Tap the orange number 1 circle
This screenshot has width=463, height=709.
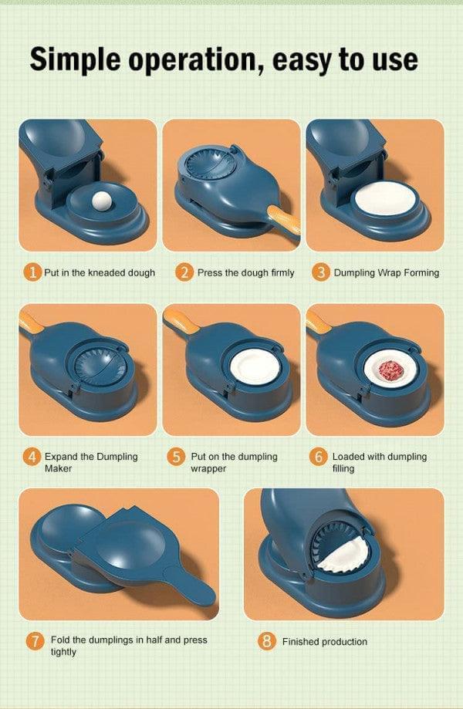click(x=32, y=272)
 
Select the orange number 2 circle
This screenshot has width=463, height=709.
click(x=184, y=272)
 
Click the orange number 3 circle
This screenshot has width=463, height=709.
click(x=321, y=272)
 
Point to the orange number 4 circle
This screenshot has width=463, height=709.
click(x=32, y=457)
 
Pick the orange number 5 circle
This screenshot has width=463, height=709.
click(x=177, y=457)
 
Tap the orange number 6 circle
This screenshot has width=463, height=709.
click(x=319, y=457)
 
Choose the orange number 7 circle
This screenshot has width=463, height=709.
click(x=34, y=641)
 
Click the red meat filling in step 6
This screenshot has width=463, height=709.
click(x=390, y=366)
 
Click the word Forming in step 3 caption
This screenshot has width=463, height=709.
click(x=421, y=272)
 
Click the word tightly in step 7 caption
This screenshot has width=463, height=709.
click(x=63, y=652)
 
